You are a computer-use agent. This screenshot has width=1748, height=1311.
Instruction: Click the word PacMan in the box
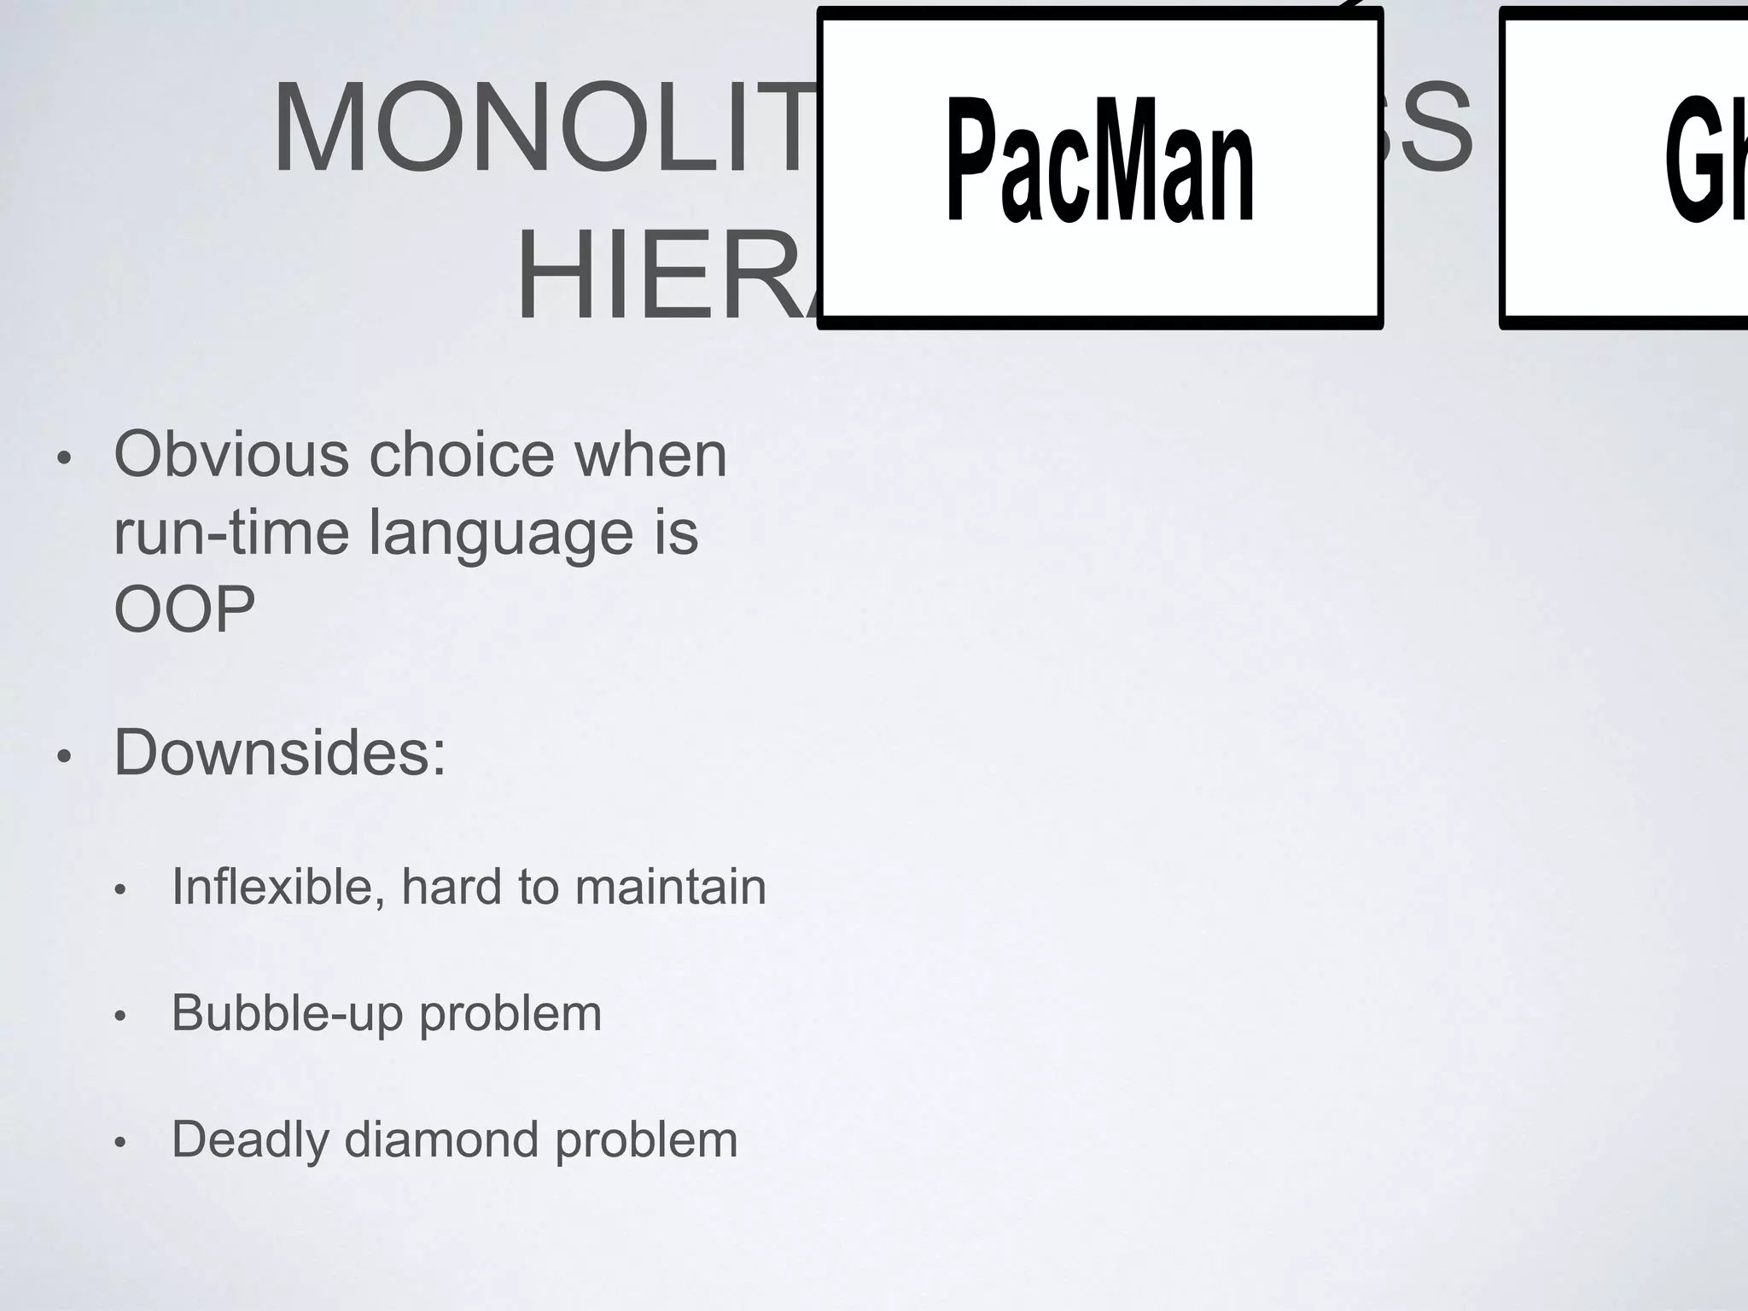[x=1100, y=161]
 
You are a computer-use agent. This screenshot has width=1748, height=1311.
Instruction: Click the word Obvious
[x=231, y=454]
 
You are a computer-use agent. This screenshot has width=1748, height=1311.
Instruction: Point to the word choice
[x=462, y=454]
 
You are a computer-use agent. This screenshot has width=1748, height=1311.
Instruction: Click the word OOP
[x=184, y=609]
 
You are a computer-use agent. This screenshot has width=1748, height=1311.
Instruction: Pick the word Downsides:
[x=280, y=753]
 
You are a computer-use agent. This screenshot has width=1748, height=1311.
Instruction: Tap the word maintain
[x=670, y=887]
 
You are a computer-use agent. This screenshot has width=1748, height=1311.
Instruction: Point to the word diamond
[x=440, y=1139]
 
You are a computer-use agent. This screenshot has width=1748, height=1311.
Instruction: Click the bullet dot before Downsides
[x=62, y=757]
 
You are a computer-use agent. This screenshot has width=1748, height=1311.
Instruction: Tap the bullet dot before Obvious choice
[x=62, y=458]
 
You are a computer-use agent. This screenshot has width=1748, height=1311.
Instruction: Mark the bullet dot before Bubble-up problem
[x=120, y=1017]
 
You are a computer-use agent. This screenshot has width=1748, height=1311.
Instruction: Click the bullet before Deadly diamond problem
[x=120, y=1143]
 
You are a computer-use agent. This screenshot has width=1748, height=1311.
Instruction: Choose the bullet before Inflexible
[x=120, y=890]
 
